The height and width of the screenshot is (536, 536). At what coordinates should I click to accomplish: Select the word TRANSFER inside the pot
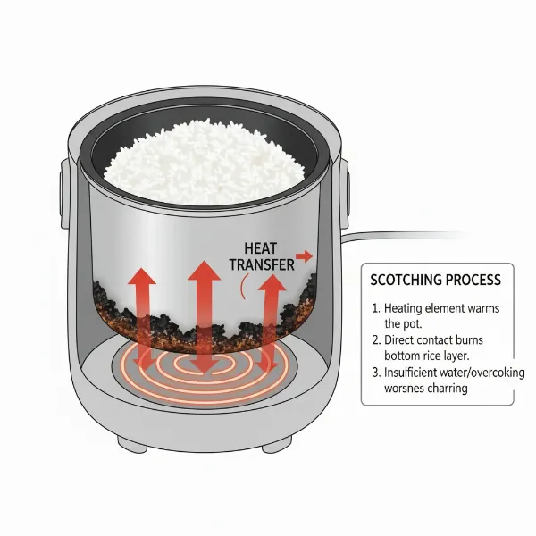pyautogui.click(x=260, y=265)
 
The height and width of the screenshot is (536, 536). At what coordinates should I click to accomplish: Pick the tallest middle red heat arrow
pyautogui.click(x=203, y=304)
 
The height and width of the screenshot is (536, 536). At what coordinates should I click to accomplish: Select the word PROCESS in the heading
pyautogui.click(x=473, y=280)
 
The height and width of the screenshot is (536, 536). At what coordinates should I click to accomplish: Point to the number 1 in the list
pyautogui.click(x=374, y=308)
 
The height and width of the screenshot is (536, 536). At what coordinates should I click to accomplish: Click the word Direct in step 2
pyautogui.click(x=406, y=341)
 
